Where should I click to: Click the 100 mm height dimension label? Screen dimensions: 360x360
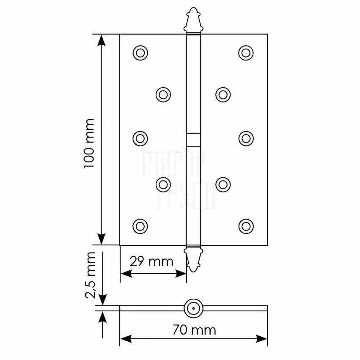click(89, 144)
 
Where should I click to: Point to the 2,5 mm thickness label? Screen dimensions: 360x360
click(90, 275)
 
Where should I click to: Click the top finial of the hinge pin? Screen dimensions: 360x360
click(193, 19)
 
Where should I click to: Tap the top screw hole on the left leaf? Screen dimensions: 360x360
click(140, 53)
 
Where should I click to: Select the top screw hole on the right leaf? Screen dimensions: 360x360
click(246, 53)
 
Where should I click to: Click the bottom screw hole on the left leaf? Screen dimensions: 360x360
click(140, 226)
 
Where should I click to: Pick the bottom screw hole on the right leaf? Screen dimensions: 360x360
click(246, 226)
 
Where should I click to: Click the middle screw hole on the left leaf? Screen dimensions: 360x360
click(140, 139)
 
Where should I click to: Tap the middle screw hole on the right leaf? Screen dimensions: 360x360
click(246, 139)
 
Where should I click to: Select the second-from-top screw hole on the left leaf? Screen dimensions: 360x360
click(163, 94)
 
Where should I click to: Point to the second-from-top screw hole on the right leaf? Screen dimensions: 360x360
click(223, 94)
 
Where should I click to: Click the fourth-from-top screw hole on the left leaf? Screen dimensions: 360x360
click(163, 184)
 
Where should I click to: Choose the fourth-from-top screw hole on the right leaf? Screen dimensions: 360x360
click(223, 184)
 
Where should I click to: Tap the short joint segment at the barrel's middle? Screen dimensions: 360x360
click(193, 140)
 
